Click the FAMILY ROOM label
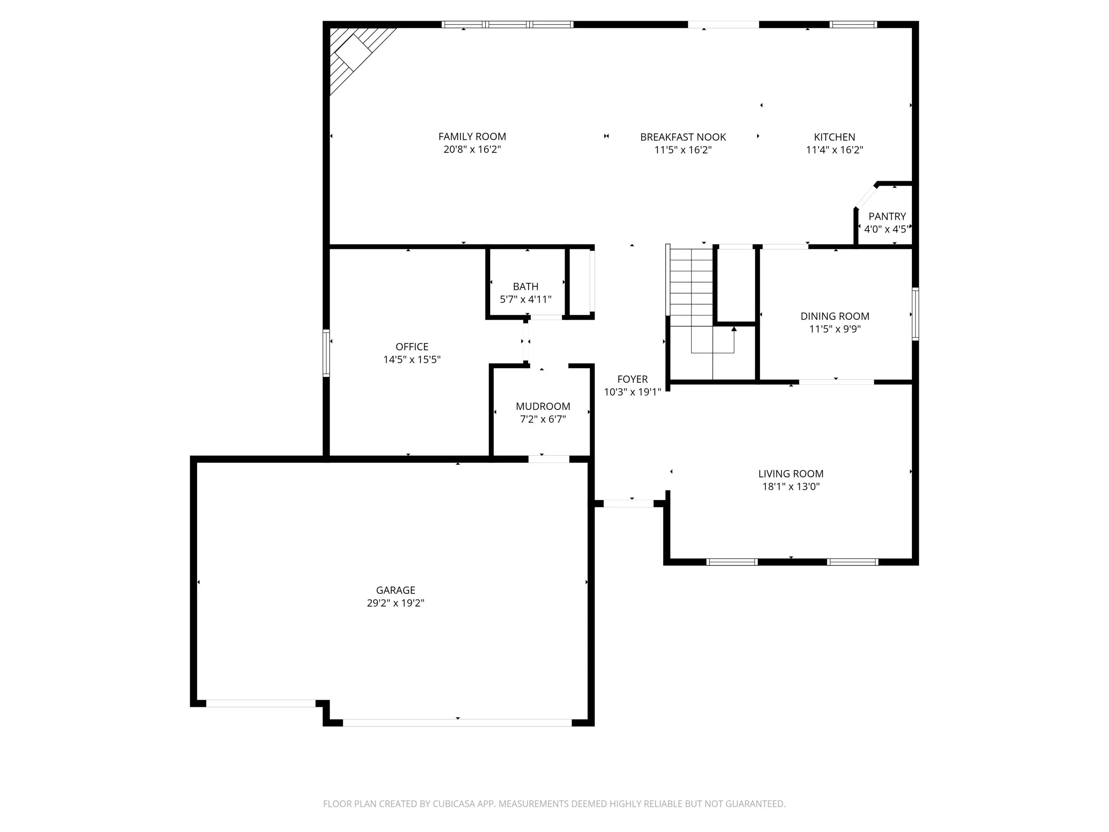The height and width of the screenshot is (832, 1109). [x=472, y=136]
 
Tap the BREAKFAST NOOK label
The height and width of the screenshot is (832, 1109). [x=683, y=137]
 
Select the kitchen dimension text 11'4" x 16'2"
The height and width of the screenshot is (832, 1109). [x=834, y=149]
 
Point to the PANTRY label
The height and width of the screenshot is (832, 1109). [x=887, y=216]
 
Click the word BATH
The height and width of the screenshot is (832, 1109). [x=525, y=286]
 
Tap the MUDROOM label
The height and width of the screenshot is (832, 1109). [x=543, y=406]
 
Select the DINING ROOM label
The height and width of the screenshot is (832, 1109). [x=835, y=316]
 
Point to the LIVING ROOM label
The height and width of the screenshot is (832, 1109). [x=791, y=473]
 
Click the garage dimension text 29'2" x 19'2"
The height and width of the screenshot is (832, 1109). [x=396, y=603]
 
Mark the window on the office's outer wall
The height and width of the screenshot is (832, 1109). [x=326, y=353]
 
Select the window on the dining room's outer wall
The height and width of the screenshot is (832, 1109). [x=915, y=314]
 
